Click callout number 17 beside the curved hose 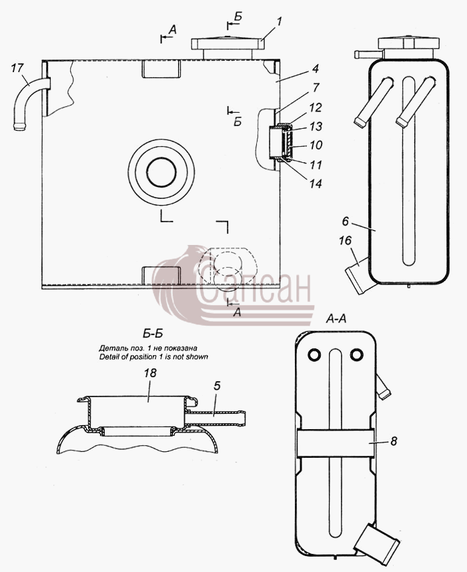[17, 68]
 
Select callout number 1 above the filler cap [279, 21]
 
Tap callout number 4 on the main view [316, 68]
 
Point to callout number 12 [316, 107]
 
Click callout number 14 [316, 184]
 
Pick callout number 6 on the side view [346, 221]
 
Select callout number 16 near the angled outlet [345, 240]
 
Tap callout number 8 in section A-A [394, 441]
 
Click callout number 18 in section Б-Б [150, 372]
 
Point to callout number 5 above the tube [217, 386]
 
